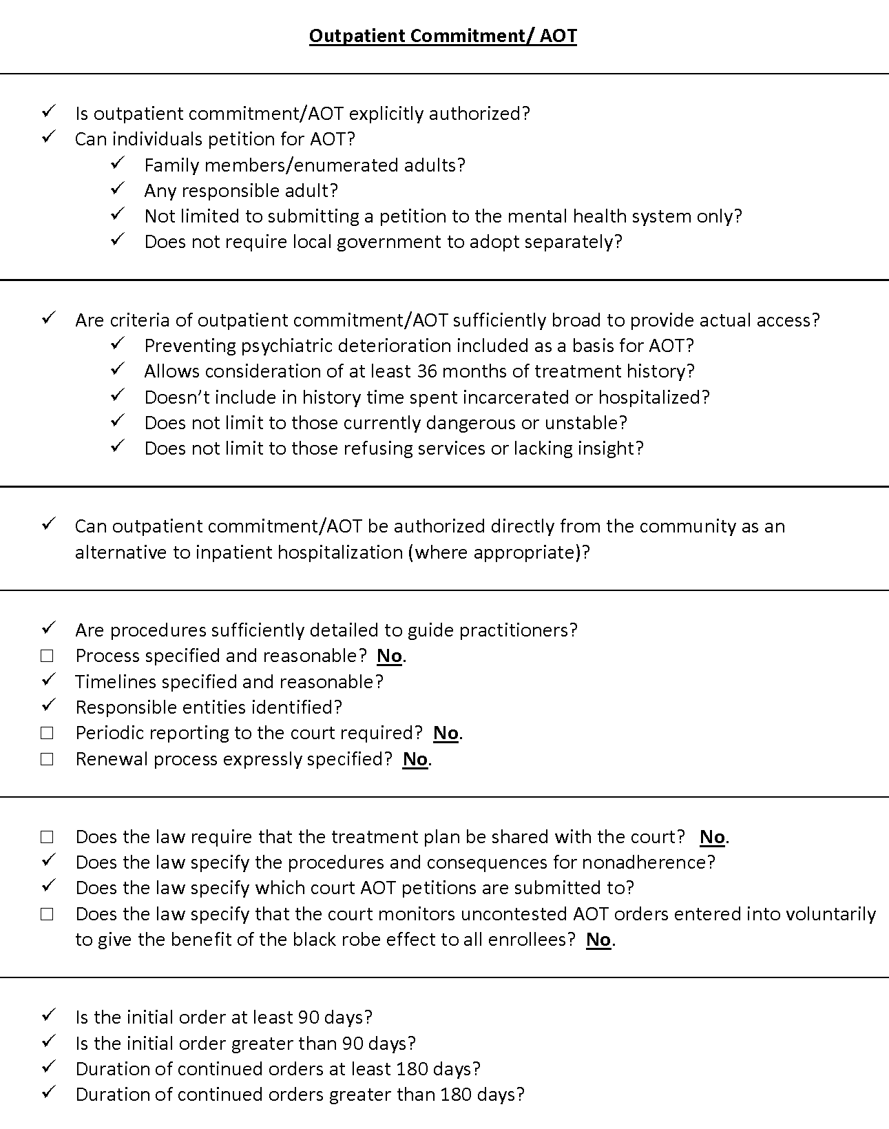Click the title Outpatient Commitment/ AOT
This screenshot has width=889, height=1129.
point(443,36)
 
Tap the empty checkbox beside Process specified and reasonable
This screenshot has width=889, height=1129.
point(47,656)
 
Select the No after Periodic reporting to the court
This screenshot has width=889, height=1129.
point(446,733)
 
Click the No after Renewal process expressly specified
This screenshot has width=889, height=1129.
point(415,759)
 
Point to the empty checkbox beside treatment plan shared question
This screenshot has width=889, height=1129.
point(47,837)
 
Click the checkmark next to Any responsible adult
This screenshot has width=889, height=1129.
point(117,189)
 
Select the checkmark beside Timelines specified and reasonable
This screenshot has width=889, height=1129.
point(48,681)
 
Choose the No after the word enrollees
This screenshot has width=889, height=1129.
point(598,940)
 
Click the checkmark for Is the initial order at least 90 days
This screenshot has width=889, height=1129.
point(48,1016)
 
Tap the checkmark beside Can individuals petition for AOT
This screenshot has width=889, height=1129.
point(48,138)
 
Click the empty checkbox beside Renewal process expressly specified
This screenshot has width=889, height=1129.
point(47,759)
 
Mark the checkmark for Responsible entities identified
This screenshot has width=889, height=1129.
point(48,706)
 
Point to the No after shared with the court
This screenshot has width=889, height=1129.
point(712,837)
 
